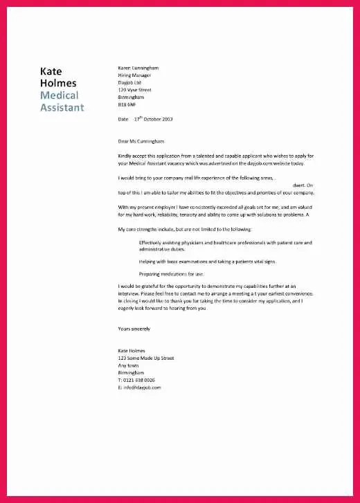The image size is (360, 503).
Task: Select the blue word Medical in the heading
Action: click(x=59, y=95)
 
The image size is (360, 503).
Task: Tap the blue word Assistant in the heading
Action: click(x=62, y=107)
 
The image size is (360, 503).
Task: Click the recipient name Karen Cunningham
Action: click(x=138, y=68)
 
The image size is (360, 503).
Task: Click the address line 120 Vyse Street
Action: click(x=136, y=90)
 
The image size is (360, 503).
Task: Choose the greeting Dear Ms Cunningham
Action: click(x=145, y=141)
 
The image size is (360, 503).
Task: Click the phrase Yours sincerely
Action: click(x=134, y=329)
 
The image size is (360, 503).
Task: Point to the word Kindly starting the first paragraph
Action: click(x=125, y=156)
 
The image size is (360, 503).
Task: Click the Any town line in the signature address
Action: click(x=129, y=365)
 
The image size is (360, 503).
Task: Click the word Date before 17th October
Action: click(x=123, y=120)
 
